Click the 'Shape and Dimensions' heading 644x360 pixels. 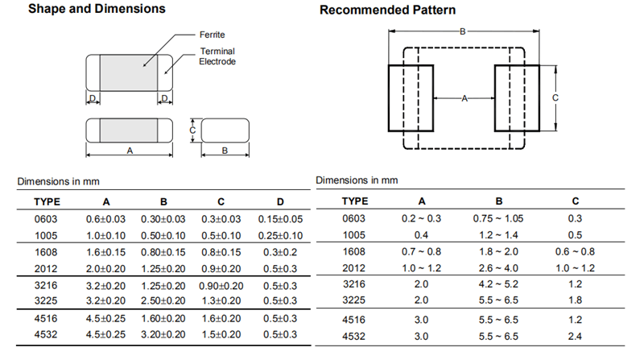[x=97, y=9]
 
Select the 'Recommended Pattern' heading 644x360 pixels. [x=388, y=10]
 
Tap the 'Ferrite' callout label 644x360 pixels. [x=212, y=35]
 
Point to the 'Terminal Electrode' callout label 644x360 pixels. [x=217, y=56]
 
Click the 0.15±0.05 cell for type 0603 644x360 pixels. [x=280, y=219]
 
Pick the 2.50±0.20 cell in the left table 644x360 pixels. [x=163, y=301]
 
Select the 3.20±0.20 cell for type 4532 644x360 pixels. [x=163, y=334]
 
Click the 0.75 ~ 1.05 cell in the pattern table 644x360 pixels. [x=498, y=218]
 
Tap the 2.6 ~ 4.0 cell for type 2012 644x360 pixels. [x=498, y=268]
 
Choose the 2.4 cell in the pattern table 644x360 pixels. [x=575, y=337]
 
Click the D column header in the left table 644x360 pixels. [x=280, y=202]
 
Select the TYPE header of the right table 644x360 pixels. [x=355, y=201]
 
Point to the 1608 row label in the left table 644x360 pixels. [x=46, y=252]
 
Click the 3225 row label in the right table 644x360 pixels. [x=353, y=300]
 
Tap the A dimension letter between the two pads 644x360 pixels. [x=464, y=98]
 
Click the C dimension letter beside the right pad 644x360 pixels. [x=555, y=97]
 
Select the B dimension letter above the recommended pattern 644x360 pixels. [x=462, y=31]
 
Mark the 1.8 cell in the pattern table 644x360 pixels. [x=575, y=300]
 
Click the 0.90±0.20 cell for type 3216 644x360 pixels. [x=221, y=286]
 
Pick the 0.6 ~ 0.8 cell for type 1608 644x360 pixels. [x=575, y=252]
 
